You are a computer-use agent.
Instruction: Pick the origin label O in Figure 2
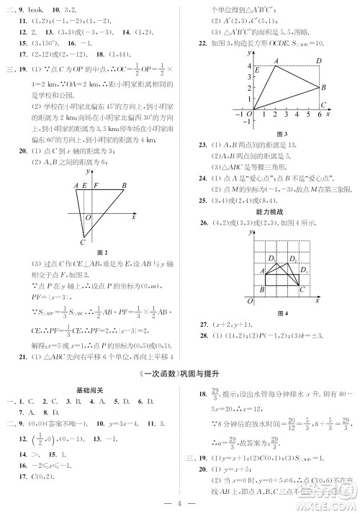point(88,217)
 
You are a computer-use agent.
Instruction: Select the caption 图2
point(102,252)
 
